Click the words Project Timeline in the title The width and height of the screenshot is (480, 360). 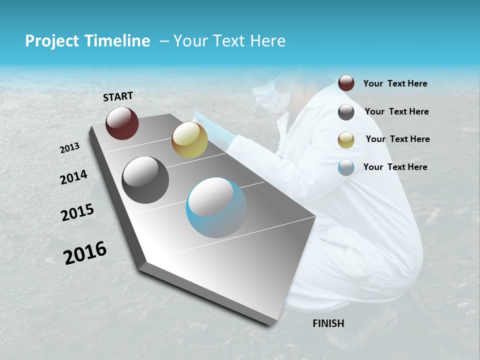click(x=87, y=41)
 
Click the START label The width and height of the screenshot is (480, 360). click(x=118, y=96)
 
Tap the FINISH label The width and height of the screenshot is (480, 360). click(x=328, y=323)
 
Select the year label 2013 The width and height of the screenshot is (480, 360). click(x=70, y=148)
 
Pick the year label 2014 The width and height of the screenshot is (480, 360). click(x=73, y=177)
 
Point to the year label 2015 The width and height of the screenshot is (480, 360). click(x=77, y=212)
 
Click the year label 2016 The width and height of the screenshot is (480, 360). click(x=85, y=253)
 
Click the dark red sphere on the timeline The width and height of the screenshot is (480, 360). click(x=122, y=123)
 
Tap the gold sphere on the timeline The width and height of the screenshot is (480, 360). click(x=189, y=139)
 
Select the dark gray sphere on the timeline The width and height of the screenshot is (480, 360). click(x=145, y=180)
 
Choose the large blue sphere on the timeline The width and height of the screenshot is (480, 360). click(x=216, y=207)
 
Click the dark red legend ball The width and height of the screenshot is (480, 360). click(x=346, y=83)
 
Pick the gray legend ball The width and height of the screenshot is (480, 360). click(x=346, y=112)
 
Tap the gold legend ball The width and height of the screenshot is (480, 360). click(x=346, y=140)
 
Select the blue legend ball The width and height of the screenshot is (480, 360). click(x=346, y=167)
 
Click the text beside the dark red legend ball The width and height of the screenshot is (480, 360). click(x=395, y=84)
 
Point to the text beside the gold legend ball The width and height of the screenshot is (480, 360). click(x=397, y=139)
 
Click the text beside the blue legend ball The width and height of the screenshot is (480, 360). click(x=395, y=167)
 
